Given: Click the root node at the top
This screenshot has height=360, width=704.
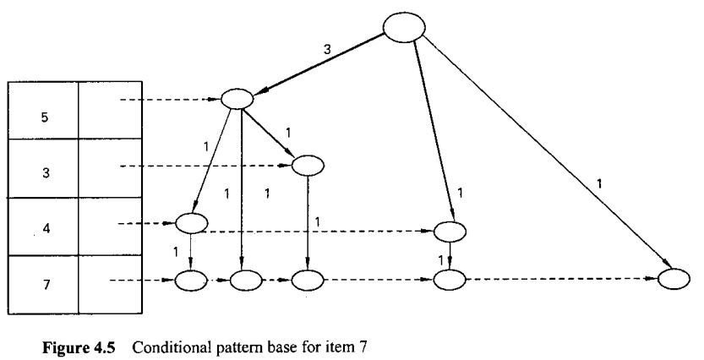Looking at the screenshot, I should [403, 28].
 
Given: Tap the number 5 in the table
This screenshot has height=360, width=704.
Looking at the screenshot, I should [43, 117].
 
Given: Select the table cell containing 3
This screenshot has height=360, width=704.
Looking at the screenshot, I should [43, 170].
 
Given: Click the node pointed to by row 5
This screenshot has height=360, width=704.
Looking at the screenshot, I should [237, 98].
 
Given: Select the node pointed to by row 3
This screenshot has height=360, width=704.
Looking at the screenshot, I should [307, 165].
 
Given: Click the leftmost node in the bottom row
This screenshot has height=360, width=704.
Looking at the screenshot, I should [191, 279].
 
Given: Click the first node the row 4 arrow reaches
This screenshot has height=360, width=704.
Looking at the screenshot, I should [191, 224].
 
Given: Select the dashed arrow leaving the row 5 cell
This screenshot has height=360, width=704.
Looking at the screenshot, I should [169, 100].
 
